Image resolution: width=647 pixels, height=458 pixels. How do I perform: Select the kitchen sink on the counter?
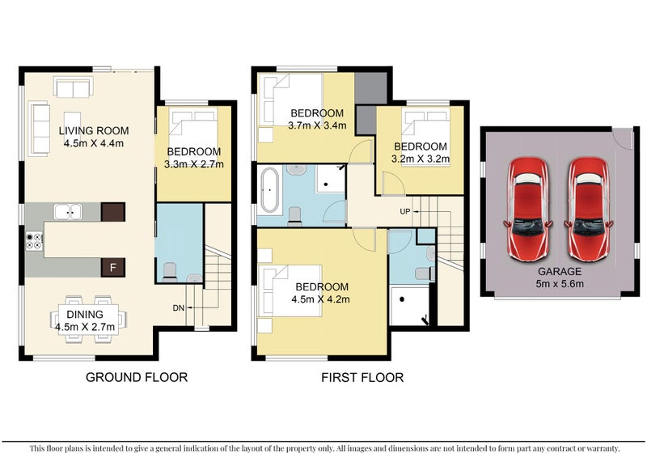[68, 212]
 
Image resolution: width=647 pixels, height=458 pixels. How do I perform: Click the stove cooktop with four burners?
[35, 240]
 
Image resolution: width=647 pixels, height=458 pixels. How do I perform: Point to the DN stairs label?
[179, 308]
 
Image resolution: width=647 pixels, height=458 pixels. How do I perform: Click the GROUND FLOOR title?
[136, 377]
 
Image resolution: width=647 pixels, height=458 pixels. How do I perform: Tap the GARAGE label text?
[560, 273]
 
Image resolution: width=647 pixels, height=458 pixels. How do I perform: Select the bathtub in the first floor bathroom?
[270, 193]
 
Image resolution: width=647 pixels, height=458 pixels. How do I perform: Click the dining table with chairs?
[91, 314]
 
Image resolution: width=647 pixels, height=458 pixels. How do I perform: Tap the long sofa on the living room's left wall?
[38, 127]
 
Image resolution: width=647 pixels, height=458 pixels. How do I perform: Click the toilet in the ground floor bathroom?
[169, 272]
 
